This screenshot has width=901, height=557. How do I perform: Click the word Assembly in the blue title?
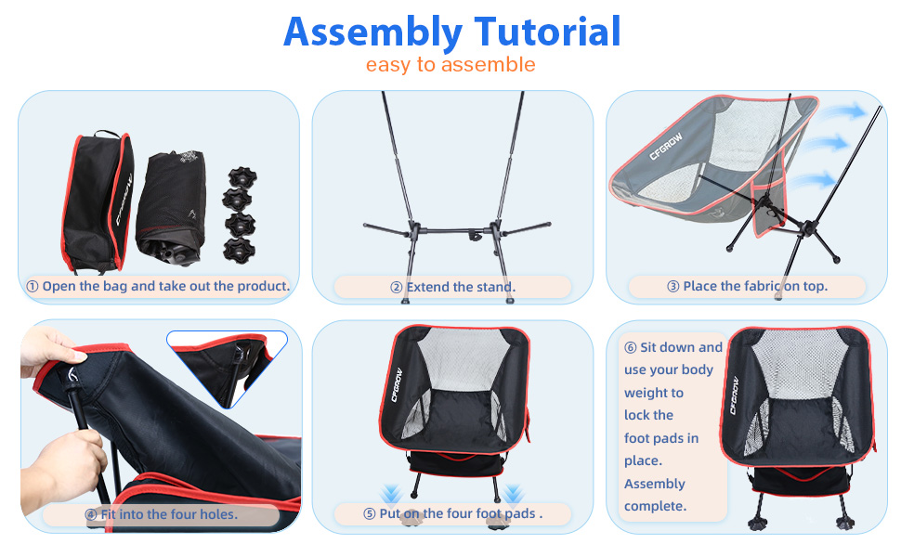pyautogui.click(x=372, y=32)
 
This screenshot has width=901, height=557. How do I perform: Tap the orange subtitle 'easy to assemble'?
pyautogui.click(x=450, y=64)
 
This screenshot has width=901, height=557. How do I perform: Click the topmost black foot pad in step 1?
pyautogui.click(x=242, y=178)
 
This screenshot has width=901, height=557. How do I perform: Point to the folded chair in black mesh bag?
pyautogui.click(x=172, y=207)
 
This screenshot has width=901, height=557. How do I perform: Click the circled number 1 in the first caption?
pyautogui.click(x=33, y=286)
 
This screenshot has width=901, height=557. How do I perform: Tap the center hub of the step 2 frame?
pyautogui.click(x=474, y=234)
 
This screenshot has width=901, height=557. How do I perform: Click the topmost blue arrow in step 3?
pyautogui.click(x=843, y=111)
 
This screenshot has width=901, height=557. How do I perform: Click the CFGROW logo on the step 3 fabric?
pyautogui.click(x=666, y=146)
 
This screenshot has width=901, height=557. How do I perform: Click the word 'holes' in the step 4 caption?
pyautogui.click(x=217, y=514)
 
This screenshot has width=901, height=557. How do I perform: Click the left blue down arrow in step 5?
pyautogui.click(x=391, y=495)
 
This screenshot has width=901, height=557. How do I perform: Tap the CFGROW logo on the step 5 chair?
pyautogui.click(x=397, y=384)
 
